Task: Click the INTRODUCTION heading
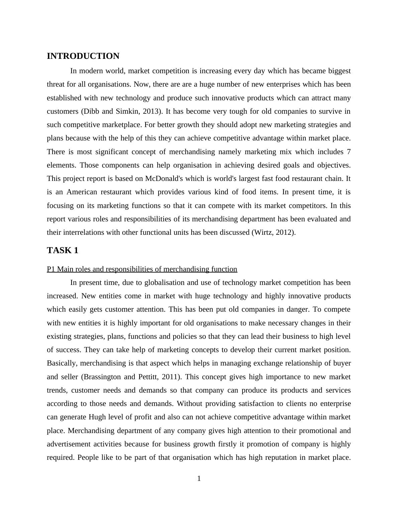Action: [x=83, y=56]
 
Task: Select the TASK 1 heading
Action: [x=63, y=250]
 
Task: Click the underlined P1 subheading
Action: [x=142, y=269]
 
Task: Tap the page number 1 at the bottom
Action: [x=199, y=479]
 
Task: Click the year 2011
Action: [x=170, y=377]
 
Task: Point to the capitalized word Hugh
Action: [x=97, y=417]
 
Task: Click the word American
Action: [x=82, y=192]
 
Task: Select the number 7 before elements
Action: [x=349, y=152]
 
